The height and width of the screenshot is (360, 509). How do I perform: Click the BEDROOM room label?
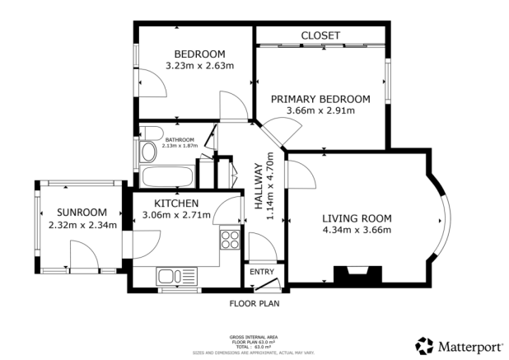(x=198, y=54)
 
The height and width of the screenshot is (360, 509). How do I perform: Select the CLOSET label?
(x=320, y=35)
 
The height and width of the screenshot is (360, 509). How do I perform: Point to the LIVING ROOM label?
(x=356, y=218)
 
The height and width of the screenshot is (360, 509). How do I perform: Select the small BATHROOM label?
(x=180, y=139)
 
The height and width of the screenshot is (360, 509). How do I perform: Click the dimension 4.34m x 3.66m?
(x=356, y=230)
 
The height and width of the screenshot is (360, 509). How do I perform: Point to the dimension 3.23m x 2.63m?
(x=198, y=66)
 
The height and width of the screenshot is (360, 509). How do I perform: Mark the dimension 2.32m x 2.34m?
(x=82, y=224)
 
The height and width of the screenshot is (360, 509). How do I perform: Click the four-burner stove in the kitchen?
(x=231, y=240)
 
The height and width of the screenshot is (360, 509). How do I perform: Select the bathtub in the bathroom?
(x=168, y=175)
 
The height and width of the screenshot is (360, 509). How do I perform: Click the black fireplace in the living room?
(x=356, y=274)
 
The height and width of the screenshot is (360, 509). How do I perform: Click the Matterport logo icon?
(x=424, y=344)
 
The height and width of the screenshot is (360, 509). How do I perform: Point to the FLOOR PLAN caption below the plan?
(x=254, y=302)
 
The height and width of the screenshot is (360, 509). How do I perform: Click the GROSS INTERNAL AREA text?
(x=254, y=337)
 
